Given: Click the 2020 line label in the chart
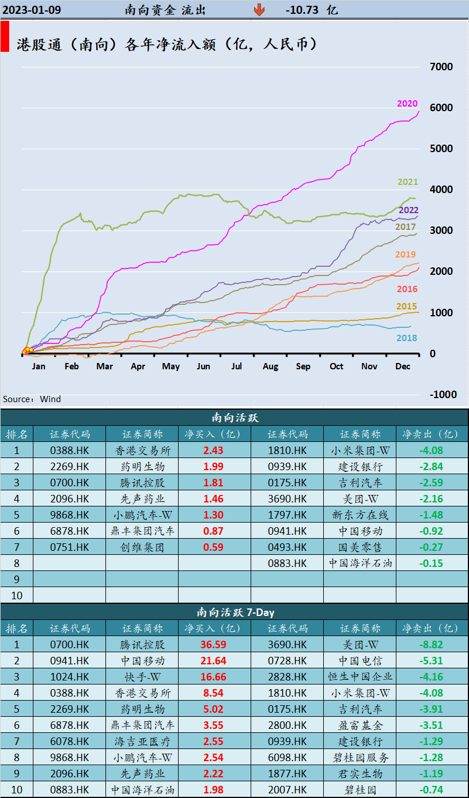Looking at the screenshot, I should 407,104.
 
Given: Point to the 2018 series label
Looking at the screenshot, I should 407,338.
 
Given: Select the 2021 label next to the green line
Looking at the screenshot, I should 407,182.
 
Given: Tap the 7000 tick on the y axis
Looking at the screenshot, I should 441,67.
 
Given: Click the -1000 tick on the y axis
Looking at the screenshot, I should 441,395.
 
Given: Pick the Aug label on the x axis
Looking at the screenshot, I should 270,366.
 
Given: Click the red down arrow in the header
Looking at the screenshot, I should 259,10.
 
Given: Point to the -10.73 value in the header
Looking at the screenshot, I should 302,10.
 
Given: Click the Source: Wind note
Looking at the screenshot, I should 32,399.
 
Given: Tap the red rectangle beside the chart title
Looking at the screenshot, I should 5,37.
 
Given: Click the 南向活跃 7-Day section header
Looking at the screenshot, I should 234,612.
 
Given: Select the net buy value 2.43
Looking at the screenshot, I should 213,451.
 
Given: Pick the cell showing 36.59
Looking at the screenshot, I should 213,645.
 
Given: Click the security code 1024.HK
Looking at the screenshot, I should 70,677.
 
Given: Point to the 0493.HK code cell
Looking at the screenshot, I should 288,547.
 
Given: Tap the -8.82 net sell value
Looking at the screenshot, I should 431,645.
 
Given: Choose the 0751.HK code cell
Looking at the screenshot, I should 70,547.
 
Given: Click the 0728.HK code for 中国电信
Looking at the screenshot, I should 288,661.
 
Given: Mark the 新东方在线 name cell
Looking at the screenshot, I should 360,515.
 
